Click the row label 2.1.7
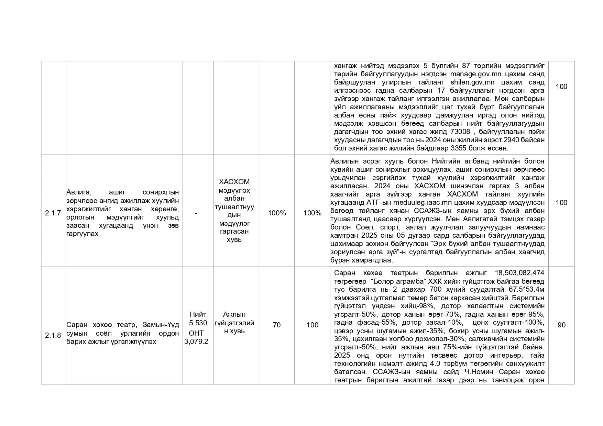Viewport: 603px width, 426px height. tap(53, 213)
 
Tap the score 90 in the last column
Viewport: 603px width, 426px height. tap(561, 325)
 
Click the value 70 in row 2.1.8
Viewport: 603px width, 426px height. tap(277, 325)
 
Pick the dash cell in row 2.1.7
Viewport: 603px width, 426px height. tap(196, 213)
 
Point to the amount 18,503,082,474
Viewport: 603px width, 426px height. tap(519, 273)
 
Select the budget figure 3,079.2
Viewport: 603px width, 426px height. tap(196, 341)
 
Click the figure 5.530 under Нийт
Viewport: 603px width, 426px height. tap(198, 323)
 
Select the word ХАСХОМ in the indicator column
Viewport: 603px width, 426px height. tap(234, 182)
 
